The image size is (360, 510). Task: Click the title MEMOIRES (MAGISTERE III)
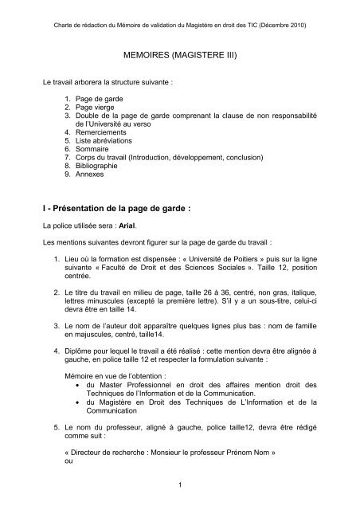point(179,57)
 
